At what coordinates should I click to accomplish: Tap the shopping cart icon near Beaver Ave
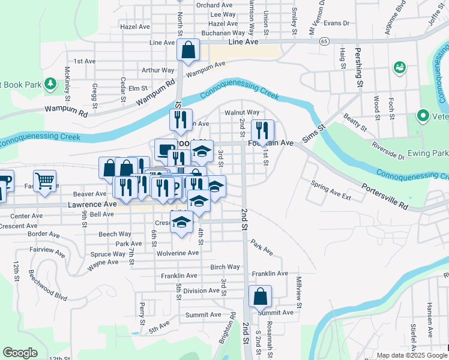[x=44, y=181]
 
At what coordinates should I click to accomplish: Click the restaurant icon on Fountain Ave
[x=262, y=131]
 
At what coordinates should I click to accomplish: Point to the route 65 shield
[x=324, y=41]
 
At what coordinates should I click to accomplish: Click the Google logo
[x=20, y=353]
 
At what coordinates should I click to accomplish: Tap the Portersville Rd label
[x=385, y=196]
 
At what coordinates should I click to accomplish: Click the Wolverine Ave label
[x=178, y=253]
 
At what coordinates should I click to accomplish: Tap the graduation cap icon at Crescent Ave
[x=181, y=223]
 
